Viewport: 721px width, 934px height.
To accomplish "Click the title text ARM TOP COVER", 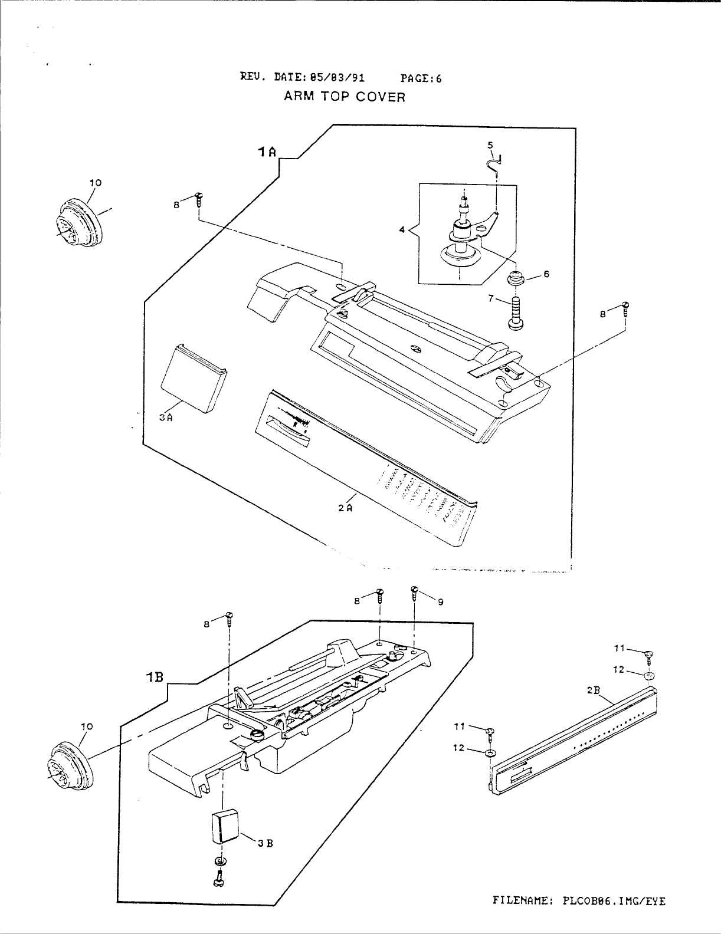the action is pyautogui.click(x=345, y=97).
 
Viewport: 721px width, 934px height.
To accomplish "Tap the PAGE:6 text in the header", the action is pyautogui.click(x=421, y=78).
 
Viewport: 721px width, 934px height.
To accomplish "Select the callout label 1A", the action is pyautogui.click(x=267, y=152).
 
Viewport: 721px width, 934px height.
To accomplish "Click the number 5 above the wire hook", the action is pyautogui.click(x=490, y=145).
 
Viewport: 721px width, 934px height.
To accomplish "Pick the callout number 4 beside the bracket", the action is pyautogui.click(x=402, y=230).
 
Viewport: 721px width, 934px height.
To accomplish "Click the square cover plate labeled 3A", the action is pyautogui.click(x=194, y=378).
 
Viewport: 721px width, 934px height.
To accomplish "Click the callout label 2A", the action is pyautogui.click(x=345, y=508).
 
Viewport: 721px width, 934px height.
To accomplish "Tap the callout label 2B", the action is pyautogui.click(x=594, y=690).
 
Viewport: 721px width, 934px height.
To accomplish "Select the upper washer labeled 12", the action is pyautogui.click(x=650, y=677).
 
